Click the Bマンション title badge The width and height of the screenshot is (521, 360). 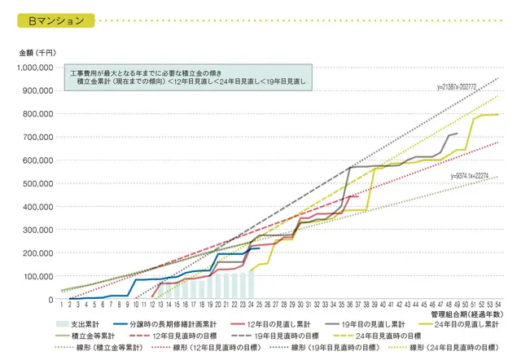[x=56, y=21]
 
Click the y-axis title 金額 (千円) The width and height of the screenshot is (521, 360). [x=37, y=52]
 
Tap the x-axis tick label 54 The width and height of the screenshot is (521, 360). [x=497, y=305]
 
